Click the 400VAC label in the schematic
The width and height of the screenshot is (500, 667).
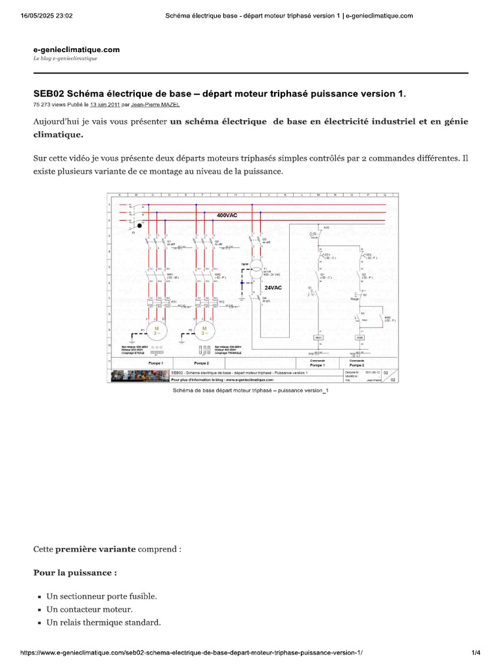click(227, 214)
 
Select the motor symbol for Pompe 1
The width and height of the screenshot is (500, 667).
click(156, 330)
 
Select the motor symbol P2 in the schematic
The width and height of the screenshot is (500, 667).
click(204, 330)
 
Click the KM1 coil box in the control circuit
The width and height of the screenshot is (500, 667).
click(318, 337)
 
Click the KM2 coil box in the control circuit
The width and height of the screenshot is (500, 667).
click(359, 337)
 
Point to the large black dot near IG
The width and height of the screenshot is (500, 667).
click(139, 225)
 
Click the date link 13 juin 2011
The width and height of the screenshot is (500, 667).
click(105, 104)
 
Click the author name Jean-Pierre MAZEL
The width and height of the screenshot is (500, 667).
click(155, 104)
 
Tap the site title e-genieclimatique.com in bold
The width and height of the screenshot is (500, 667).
click(76, 50)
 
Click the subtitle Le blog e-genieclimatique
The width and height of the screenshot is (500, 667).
click(65, 59)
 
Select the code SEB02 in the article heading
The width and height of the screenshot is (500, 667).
click(48, 94)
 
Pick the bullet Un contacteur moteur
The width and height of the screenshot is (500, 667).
click(89, 610)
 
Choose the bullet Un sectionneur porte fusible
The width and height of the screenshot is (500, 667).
click(102, 596)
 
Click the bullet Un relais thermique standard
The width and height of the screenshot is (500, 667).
click(104, 623)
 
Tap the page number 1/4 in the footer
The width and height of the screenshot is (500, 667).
click(475, 653)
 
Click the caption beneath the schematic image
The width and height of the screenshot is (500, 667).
click(251, 392)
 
